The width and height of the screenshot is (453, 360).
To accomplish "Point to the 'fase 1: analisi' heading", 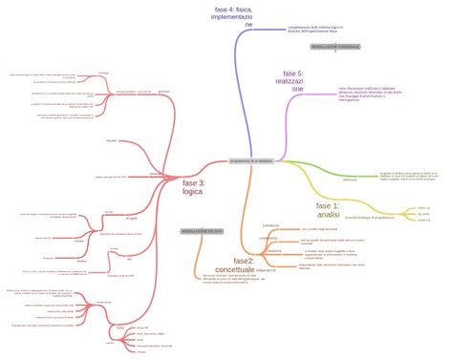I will click(328, 210).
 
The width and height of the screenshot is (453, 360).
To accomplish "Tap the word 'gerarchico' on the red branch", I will click(163, 91).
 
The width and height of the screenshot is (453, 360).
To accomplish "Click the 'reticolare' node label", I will click(112, 140).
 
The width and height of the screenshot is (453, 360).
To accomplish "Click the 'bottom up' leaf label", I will click(423, 207).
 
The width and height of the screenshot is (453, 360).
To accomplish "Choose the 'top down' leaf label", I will click(422, 215).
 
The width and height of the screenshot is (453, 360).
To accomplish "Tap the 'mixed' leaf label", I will click(421, 222).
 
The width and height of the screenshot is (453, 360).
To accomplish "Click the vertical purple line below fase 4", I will click(233, 95).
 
